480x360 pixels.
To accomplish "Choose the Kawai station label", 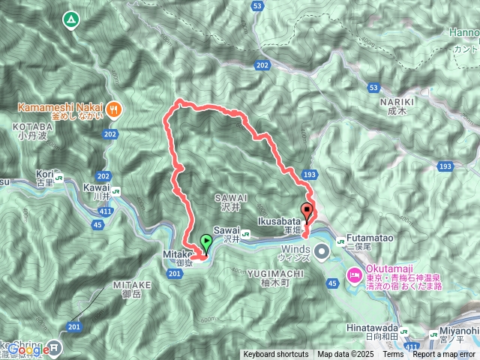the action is [x=97, y=191].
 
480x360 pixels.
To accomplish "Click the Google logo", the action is [x=26, y=349].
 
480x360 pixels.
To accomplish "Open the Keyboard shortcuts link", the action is [x=275, y=355].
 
